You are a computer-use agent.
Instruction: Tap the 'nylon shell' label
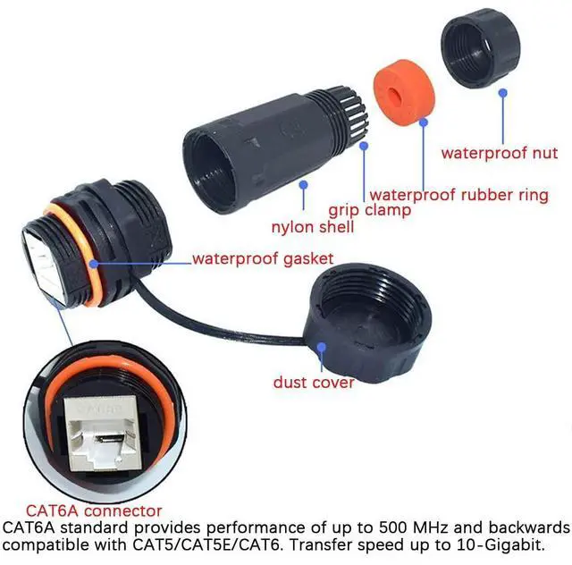[x=314, y=228]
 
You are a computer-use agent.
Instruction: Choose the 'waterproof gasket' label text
[x=263, y=259]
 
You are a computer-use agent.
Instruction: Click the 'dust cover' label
[x=314, y=383]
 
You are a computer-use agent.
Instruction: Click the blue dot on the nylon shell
[x=304, y=183]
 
